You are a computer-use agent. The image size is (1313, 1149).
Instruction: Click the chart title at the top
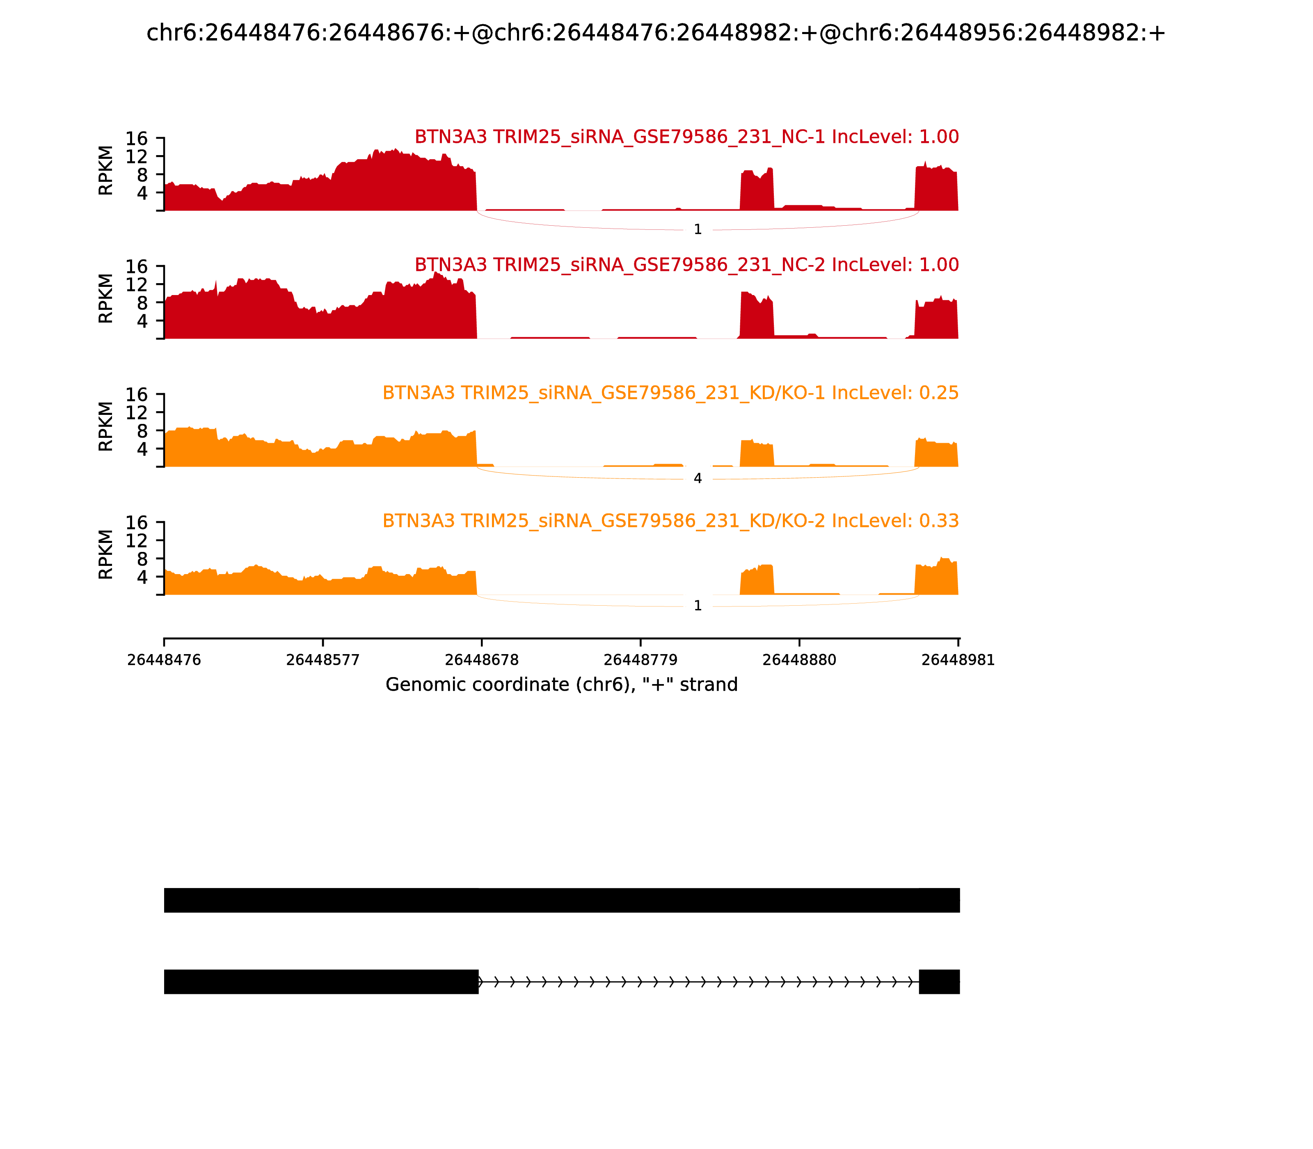[x=656, y=33]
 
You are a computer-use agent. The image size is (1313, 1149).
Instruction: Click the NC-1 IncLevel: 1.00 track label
[x=686, y=137]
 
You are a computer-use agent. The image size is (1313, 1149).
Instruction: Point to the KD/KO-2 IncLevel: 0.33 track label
[x=670, y=521]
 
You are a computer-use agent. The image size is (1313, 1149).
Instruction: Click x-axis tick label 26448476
[x=164, y=660]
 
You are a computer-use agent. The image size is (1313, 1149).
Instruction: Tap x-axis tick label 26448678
[x=481, y=660]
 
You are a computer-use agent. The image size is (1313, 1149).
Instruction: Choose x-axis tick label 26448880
[x=799, y=660]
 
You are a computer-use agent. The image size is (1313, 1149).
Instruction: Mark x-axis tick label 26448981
[x=958, y=660]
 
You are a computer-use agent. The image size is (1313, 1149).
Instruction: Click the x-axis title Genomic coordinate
[x=562, y=685]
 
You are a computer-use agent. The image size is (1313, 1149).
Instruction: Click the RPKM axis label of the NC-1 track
[x=106, y=171]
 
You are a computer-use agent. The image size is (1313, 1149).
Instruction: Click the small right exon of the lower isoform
[x=939, y=982]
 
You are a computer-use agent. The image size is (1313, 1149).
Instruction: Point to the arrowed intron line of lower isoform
[x=699, y=982]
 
